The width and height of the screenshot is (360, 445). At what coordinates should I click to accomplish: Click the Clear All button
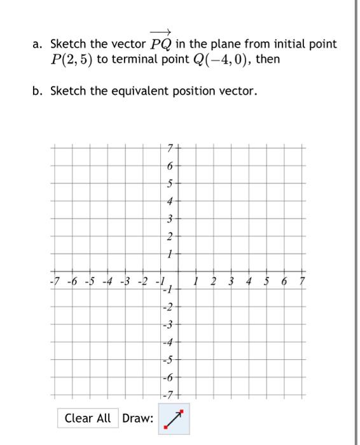tap(88, 418)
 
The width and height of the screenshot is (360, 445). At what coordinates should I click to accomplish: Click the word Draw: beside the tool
tap(137, 418)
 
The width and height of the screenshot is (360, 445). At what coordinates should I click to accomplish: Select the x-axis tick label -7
tap(55, 281)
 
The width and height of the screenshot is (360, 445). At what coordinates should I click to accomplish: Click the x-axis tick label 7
tap(303, 281)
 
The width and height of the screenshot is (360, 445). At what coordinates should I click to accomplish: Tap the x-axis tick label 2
tap(214, 281)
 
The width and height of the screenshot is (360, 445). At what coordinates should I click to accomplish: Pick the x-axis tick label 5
tap(267, 281)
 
